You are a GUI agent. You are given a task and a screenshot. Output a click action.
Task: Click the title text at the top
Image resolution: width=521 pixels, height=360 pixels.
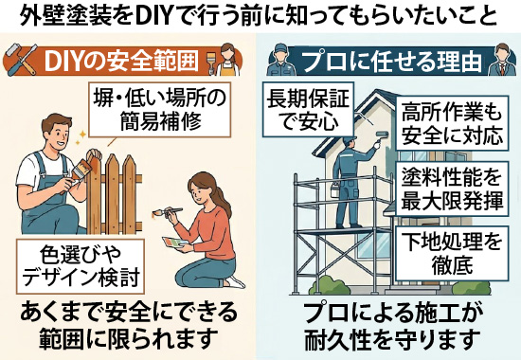tap(260, 16)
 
